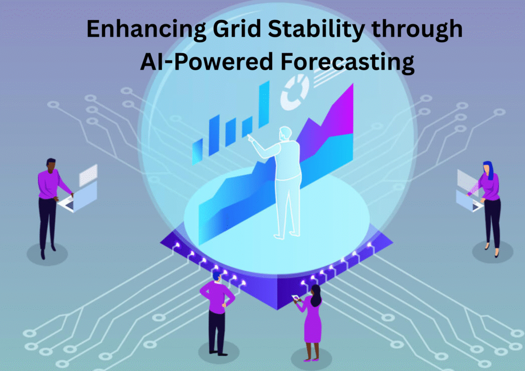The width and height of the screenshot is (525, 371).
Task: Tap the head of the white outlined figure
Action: tap(285, 133)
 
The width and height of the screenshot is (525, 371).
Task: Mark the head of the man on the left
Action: tap(51, 164)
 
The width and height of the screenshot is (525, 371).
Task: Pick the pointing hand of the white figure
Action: tap(249, 137)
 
